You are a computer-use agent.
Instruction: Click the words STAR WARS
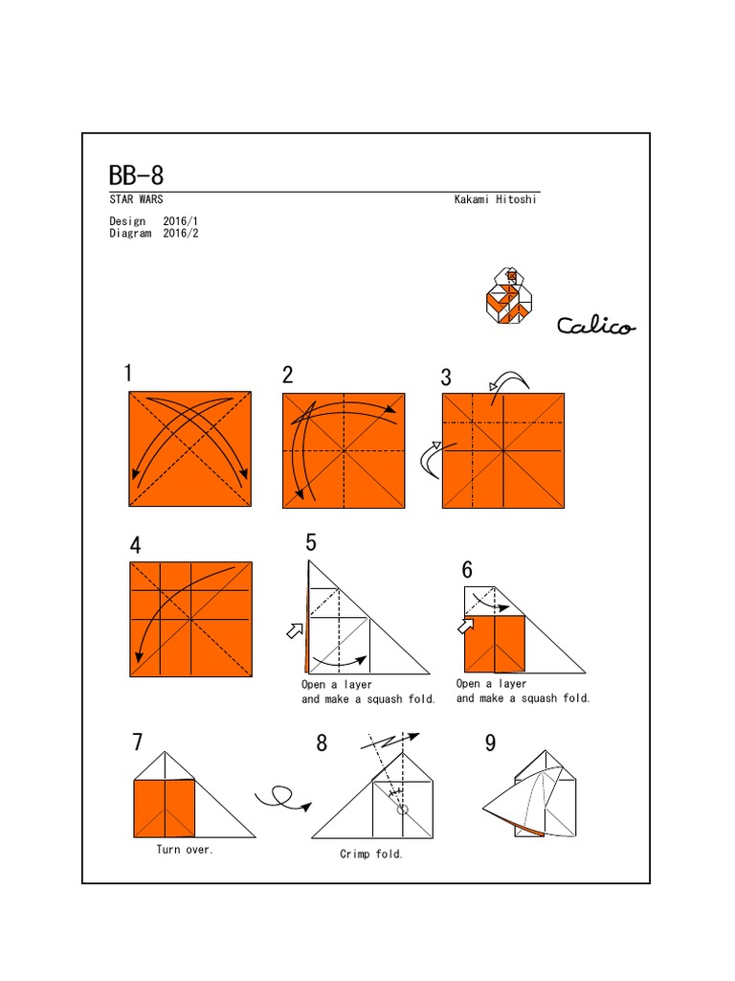coord(136,200)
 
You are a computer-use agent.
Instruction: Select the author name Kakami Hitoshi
coord(497,200)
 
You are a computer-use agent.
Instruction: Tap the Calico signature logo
coord(595,327)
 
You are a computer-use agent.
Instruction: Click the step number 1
coord(128,375)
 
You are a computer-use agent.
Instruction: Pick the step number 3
coord(446,377)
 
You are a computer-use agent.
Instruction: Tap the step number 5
coord(311,544)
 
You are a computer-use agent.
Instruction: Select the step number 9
coord(490,743)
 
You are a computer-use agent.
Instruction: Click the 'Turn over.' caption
coord(185,850)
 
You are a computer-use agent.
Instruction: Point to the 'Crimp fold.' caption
coord(371,854)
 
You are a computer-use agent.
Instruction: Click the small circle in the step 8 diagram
coord(402,810)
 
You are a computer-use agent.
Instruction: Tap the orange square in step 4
coord(190,620)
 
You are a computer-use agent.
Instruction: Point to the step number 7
coord(138,742)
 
